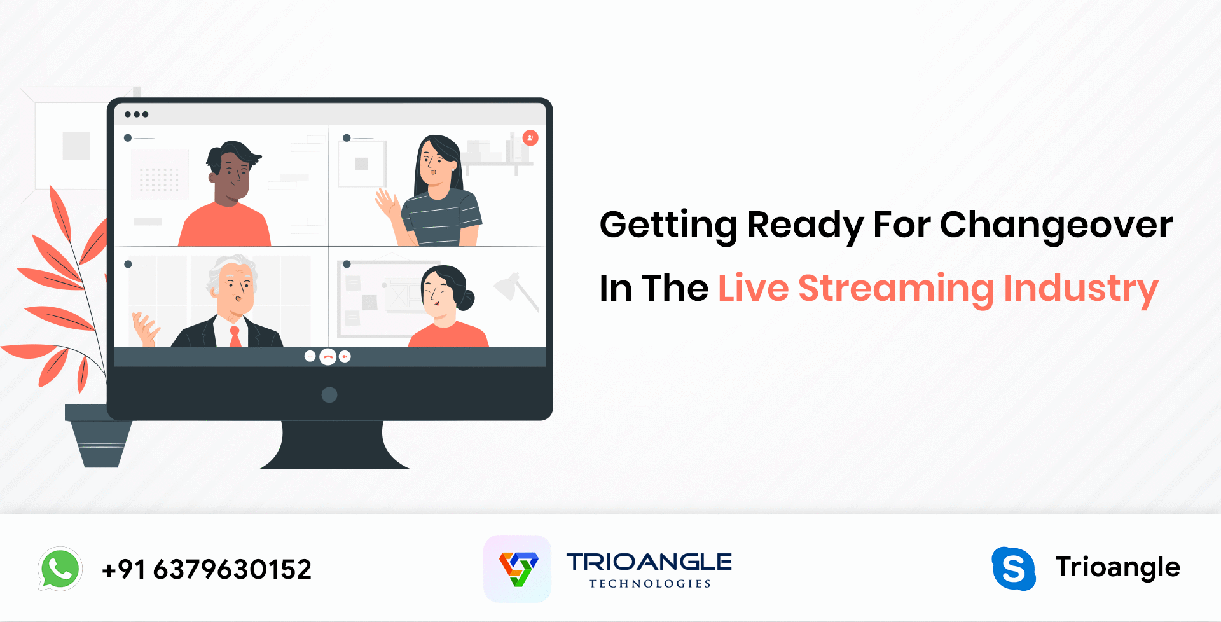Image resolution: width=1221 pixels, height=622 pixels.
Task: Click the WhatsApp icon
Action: [x=60, y=569]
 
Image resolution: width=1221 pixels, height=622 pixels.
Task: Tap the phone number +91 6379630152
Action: [x=207, y=569]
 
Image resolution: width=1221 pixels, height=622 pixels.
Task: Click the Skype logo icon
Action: [x=1014, y=569]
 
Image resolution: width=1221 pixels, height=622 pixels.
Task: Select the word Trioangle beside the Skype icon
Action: [x=1117, y=567]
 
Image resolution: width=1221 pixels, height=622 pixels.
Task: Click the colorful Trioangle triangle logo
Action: [x=518, y=569]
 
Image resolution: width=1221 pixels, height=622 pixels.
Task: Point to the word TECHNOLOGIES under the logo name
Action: [x=649, y=584]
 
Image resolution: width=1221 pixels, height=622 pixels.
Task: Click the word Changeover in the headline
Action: [x=1056, y=226]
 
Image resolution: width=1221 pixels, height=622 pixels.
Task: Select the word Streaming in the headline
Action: [x=896, y=289]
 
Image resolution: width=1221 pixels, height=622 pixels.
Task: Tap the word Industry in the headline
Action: [x=1081, y=289]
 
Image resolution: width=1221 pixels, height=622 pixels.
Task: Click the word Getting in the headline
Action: [x=668, y=226]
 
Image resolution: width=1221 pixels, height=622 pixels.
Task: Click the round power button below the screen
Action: [x=329, y=395]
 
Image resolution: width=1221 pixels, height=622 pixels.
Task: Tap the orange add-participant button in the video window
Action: [x=530, y=138]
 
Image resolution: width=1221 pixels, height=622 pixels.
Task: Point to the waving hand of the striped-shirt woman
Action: [x=386, y=204]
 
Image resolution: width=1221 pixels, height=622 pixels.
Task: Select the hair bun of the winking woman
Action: [x=466, y=300]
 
